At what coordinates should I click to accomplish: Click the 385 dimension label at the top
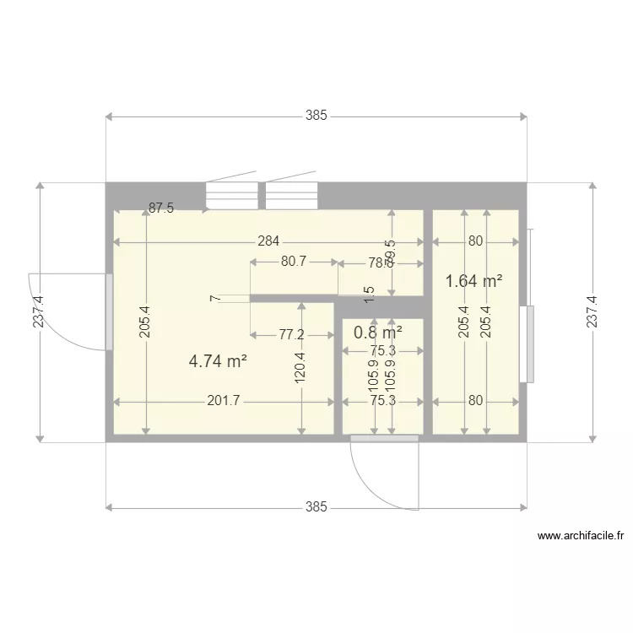click(316, 116)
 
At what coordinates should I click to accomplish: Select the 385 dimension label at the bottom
click(316, 507)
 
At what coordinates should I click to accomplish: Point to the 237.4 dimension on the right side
click(592, 311)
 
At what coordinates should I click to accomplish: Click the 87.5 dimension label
click(161, 208)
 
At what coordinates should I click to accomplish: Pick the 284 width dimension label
click(268, 241)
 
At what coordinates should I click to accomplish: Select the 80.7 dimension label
click(294, 262)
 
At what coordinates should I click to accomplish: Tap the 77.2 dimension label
click(291, 334)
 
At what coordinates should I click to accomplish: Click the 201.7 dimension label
click(224, 401)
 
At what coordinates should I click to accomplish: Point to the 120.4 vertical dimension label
click(300, 368)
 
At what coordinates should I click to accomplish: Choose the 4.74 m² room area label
click(218, 361)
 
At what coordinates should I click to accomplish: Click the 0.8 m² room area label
click(377, 332)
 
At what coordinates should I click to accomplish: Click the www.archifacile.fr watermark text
click(580, 535)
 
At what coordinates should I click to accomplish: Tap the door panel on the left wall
click(109, 311)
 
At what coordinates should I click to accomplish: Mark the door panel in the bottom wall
click(385, 437)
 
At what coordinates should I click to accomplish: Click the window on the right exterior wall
click(530, 344)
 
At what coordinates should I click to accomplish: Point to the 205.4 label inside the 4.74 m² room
click(145, 322)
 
